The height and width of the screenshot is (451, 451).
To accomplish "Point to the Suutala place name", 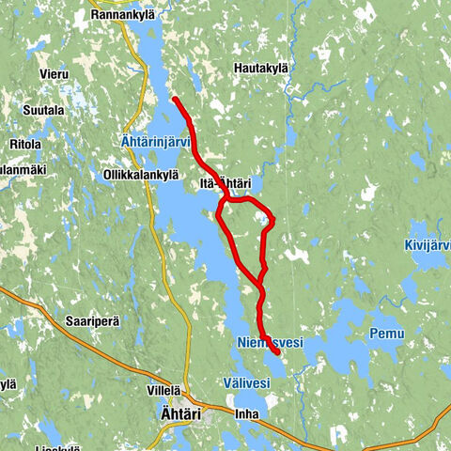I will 44,110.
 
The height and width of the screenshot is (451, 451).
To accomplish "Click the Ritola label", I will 24,145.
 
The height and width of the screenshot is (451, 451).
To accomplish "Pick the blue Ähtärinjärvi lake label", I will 157,142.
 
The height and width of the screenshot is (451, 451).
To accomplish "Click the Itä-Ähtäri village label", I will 225,183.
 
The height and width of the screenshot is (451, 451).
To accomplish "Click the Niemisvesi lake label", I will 272,344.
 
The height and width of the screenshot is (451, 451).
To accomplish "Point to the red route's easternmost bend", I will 272,222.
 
